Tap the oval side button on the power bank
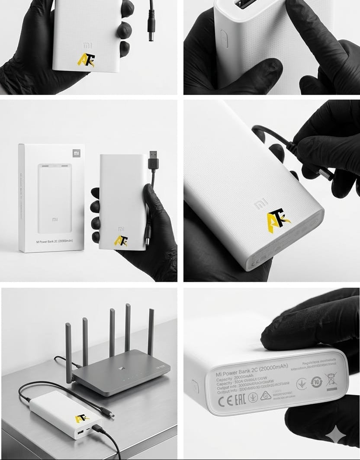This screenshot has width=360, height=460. click(x=224, y=39)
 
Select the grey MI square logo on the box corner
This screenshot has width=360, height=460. click(x=76, y=153)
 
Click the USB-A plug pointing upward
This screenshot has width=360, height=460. click(x=153, y=160)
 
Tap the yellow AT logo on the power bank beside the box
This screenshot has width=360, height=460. click(x=121, y=240)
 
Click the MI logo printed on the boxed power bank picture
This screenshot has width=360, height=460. click(x=55, y=220)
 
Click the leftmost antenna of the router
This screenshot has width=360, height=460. click(x=68, y=352)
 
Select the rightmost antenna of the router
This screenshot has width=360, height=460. click(x=151, y=331)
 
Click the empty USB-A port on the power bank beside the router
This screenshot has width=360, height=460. click(x=81, y=432)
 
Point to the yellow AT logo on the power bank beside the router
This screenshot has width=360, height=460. click(x=81, y=418)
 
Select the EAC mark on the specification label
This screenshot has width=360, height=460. click(x=239, y=399)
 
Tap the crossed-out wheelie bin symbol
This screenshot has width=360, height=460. click(x=331, y=380)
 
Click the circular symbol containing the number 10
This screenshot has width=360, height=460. click(x=316, y=382)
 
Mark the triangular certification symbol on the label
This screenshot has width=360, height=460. click(x=265, y=396)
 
